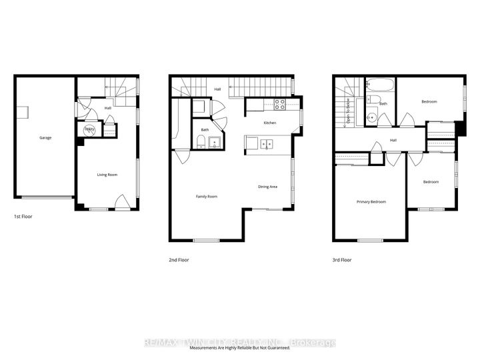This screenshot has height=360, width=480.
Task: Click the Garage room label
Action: pos(45,138)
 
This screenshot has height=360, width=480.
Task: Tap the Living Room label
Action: pos(107,175)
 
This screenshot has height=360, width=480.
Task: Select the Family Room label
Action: pos(206,196)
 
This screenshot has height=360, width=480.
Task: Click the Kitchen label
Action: pos(269,123)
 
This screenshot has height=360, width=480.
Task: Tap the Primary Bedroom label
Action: pos(371,201)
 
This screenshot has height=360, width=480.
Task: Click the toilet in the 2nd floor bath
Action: pos(200,140)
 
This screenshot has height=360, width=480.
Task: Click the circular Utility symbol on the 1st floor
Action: pos(89,130)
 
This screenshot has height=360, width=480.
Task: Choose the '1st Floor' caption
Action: pos(23,217)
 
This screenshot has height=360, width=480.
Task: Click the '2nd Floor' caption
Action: pos(179,260)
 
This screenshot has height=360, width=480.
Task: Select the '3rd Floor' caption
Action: pos(342,260)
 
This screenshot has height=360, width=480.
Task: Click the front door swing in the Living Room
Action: pos(122,201)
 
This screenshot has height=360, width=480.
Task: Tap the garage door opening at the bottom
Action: pos(45,197)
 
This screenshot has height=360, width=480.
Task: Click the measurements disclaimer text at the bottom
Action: pos(240,349)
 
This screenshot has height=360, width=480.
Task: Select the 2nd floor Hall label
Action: pos(217,89)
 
